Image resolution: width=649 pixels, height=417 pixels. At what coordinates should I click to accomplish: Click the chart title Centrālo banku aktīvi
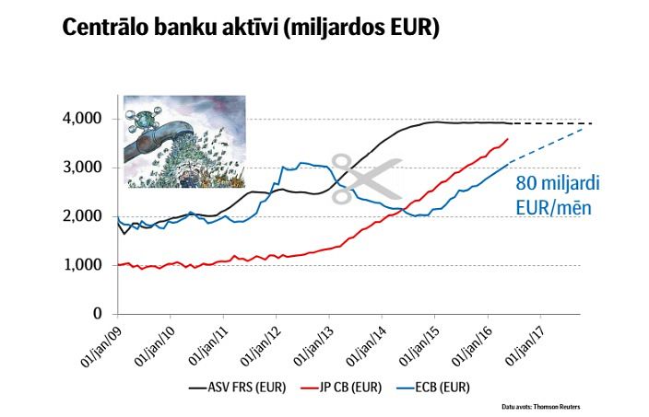tap(250, 29)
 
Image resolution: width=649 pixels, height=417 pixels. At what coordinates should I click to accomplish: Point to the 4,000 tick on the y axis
tap(87, 119)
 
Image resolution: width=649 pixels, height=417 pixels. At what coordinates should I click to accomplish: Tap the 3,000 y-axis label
tap(87, 168)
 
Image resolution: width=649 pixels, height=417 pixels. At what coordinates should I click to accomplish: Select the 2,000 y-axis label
tap(87, 216)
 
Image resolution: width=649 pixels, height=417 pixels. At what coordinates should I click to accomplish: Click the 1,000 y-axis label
tap(87, 265)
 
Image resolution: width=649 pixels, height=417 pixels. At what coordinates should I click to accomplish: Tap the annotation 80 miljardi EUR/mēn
tap(552, 191)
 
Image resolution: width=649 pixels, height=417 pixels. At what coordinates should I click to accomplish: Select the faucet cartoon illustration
tap(185, 143)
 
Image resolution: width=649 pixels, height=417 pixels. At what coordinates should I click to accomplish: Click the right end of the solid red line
tap(508, 139)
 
